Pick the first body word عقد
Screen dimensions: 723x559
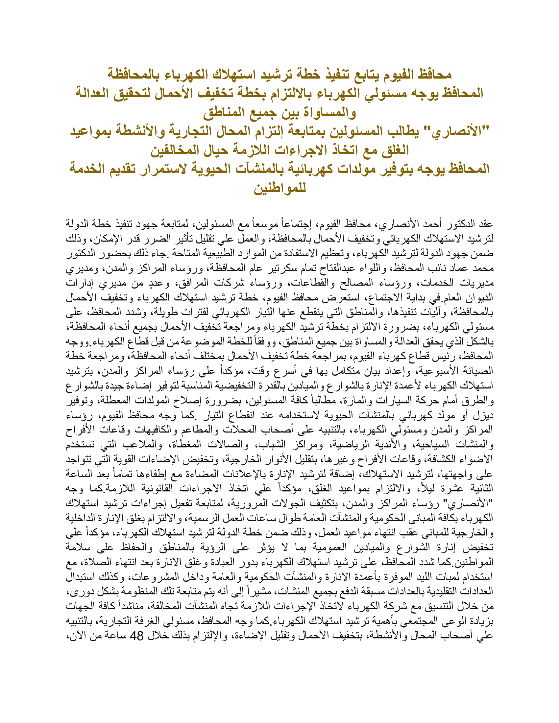[x=485, y=224]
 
